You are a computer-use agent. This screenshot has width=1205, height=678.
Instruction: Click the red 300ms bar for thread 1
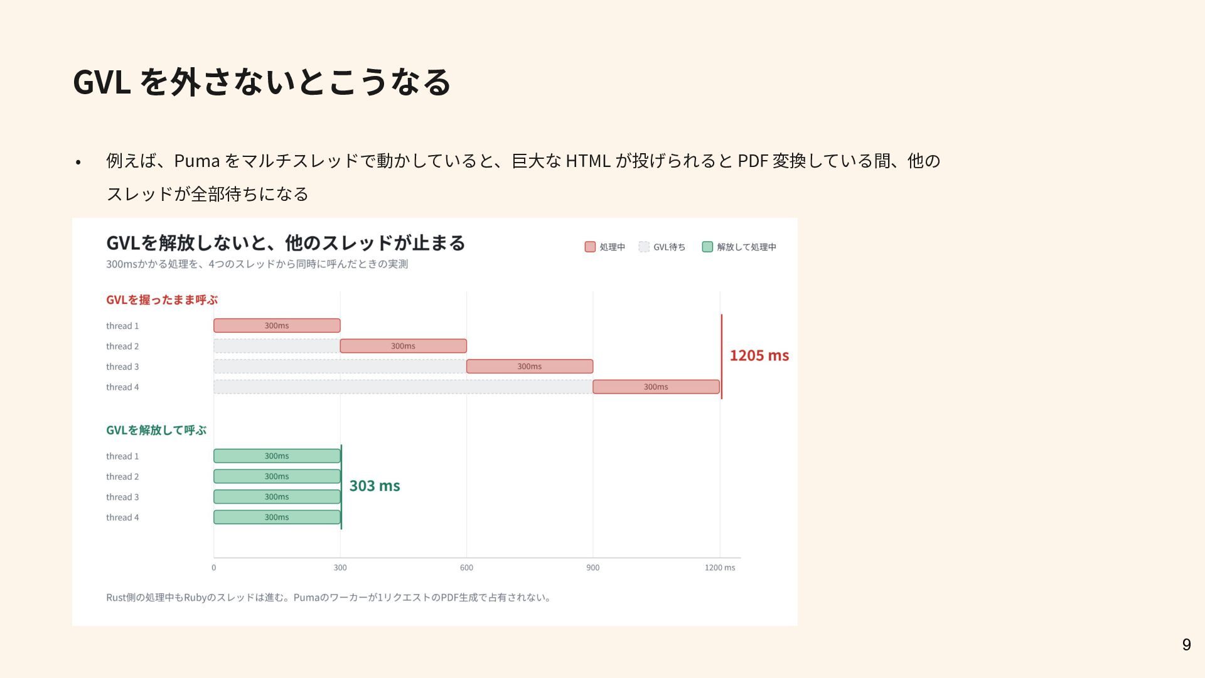[277, 325]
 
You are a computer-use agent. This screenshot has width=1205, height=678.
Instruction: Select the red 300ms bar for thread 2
[403, 346]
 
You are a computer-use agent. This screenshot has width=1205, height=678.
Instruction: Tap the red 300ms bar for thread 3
[530, 366]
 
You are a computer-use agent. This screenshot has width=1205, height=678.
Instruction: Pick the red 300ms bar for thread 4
[656, 387]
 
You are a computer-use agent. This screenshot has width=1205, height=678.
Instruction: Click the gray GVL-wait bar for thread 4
[403, 387]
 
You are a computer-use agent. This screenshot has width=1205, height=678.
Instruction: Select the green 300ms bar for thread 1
[277, 456]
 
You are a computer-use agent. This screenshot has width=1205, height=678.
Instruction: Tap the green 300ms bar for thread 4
[277, 517]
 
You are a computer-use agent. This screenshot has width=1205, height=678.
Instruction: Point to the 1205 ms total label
[759, 355]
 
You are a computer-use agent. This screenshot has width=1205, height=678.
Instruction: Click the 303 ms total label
[375, 486]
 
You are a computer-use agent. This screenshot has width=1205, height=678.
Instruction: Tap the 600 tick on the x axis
[466, 568]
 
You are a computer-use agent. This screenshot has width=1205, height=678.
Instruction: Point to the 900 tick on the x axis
[593, 568]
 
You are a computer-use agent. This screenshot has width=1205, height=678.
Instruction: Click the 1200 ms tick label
[720, 568]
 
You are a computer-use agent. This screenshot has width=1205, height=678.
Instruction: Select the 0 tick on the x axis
[213, 568]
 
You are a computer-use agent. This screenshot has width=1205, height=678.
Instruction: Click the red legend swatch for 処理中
[590, 247]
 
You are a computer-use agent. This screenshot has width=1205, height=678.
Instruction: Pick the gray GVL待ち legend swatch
[644, 247]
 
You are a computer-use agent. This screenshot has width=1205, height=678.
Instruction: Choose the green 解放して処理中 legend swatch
[707, 247]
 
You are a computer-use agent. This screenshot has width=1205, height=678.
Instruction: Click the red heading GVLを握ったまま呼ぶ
[162, 300]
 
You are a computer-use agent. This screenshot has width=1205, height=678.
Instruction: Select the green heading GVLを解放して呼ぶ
[156, 430]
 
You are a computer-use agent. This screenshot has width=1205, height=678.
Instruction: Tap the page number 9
[1186, 645]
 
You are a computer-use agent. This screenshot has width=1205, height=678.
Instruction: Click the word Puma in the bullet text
[196, 161]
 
